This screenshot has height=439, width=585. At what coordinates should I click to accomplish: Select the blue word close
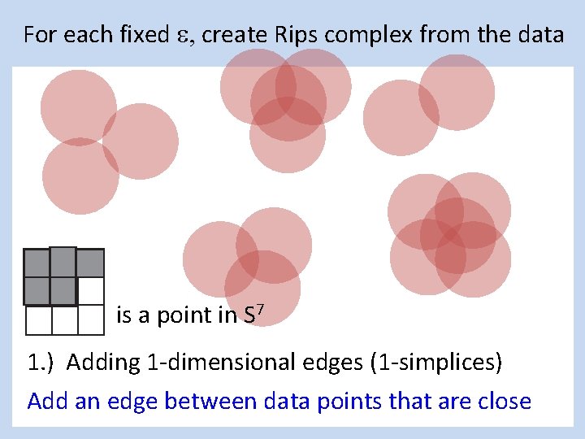pos(505,401)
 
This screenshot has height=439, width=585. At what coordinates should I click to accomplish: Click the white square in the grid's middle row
pos(91,291)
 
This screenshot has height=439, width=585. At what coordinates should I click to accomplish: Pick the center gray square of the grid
pos(63,291)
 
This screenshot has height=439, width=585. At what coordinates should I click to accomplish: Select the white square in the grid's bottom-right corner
pos(91,319)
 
